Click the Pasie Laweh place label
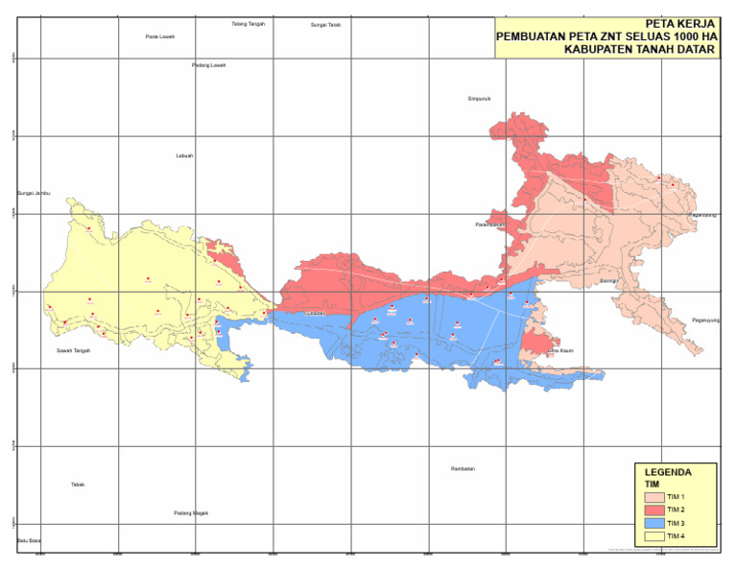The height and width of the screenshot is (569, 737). pos(159,36)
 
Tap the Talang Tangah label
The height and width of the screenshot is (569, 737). pos(248,24)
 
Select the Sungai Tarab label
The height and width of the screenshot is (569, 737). pos(325,25)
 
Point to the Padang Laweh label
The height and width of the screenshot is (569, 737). pos(208,65)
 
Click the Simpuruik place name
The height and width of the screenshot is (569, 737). pos(479,98)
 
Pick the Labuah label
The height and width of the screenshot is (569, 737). pos(184,155)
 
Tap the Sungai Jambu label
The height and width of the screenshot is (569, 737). pos(33,193)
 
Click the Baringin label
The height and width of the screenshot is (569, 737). pos(607,281)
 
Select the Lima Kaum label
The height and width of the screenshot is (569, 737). pos(559,351)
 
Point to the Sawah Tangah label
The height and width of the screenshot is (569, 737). pos(73,351)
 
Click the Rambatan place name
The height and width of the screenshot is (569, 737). pos(463,469)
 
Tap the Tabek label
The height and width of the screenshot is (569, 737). pos(78,485)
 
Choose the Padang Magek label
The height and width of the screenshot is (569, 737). pos(191,513)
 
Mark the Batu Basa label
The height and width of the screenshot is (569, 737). pos(29,541)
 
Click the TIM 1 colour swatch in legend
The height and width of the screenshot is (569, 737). pos(653,497)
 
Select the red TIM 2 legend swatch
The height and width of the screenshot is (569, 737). pos(653,510)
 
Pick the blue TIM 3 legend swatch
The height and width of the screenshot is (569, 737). pos(653,523)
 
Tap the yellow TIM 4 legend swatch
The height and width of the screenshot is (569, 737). pos(653,535)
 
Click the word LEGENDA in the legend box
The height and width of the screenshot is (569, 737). pos(667,472)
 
